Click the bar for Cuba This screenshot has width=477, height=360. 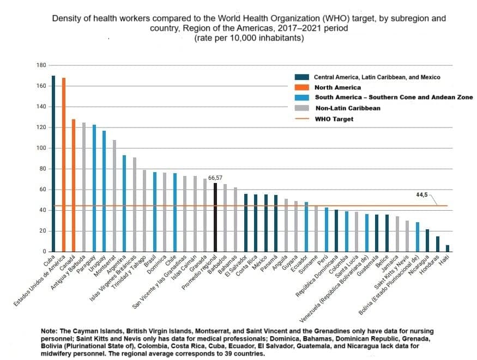pos(53,163)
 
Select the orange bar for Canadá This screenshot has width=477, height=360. pos(73,185)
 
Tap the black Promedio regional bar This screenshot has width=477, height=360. pos(215,217)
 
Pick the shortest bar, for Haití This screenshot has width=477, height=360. pos(448,248)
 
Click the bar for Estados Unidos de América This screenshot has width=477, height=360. pos(64,164)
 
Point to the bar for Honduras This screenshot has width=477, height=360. pos(437,244)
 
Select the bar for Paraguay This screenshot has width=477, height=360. pos(94,188)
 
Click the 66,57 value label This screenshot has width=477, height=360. pos(215,178)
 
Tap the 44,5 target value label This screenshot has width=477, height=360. pos(421,195)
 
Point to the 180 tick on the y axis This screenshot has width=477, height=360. pos(41,65)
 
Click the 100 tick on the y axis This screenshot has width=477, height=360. pos(41,148)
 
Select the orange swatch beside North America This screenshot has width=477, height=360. pos(302,88)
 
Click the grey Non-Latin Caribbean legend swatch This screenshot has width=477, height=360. pos(302,108)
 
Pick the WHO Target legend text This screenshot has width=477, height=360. pos(334,119)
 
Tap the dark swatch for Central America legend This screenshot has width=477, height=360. pos(302,77)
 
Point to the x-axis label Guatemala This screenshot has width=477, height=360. pos(367,266)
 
